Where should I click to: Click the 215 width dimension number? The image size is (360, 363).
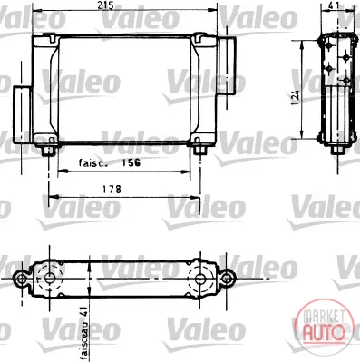coord(106,5)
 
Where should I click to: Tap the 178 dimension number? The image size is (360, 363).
coord(112,190)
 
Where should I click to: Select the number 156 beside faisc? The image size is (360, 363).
coord(131,162)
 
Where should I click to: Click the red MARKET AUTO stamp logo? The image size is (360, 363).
coord(324,326)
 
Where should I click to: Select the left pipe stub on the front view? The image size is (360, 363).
coord(22,115)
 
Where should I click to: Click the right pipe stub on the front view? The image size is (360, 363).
coord(227,65)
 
